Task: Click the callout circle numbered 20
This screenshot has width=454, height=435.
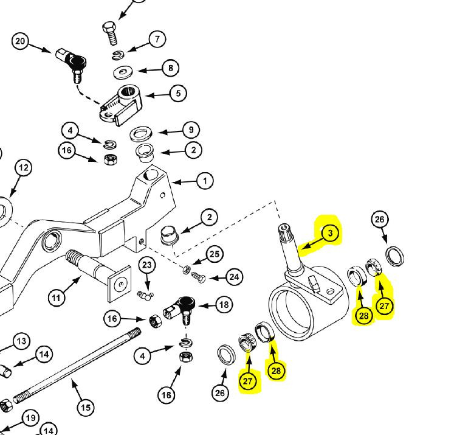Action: [x=20, y=41]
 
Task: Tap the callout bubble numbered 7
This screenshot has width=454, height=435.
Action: [x=156, y=40]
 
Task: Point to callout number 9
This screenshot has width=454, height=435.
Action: [x=190, y=130]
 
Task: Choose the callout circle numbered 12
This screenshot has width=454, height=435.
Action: [x=22, y=167]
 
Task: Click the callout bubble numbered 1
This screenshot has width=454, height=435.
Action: [x=205, y=181]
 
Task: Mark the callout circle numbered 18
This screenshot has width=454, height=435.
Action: [x=224, y=305]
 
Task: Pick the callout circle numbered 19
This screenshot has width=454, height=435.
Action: [x=29, y=418]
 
